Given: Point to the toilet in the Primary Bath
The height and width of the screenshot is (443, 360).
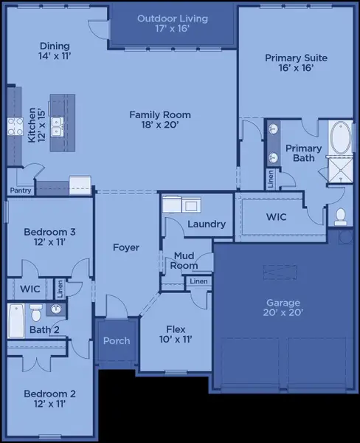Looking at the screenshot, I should click(341, 216).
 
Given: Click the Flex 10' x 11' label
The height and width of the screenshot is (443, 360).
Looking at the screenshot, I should click(175, 334).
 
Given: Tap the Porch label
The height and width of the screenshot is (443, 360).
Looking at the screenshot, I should click(117, 340).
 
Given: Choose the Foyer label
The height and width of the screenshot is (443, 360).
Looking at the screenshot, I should click(126, 247).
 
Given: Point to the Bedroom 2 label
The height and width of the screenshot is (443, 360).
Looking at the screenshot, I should click(49, 399).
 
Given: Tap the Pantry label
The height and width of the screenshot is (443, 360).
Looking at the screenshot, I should click(20, 190).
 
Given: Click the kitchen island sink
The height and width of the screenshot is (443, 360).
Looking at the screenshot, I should click(56, 123).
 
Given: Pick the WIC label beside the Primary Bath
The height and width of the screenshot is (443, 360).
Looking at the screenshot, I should click(277, 218).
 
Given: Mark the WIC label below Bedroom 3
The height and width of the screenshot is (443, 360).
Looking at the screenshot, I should click(30, 289).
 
